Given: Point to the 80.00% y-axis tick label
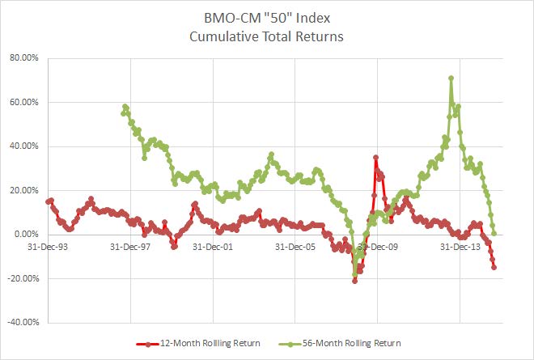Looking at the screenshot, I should pos(27,58).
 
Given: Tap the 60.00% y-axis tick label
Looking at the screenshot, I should pos(27,103).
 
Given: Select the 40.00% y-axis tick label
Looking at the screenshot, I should pos(27,146).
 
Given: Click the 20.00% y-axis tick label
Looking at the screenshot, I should pos(27,191).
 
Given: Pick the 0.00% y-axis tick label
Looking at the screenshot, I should pos(29,235).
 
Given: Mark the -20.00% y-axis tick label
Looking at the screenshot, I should pos(25,278).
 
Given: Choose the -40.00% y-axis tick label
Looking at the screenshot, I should pos(25,323).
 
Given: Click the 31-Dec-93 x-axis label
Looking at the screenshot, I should pos(48,247).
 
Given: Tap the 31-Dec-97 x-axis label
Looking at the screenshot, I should pos(130,247).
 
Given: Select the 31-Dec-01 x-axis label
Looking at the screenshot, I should pos(213,247).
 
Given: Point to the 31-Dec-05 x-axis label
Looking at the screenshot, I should pos(295,247).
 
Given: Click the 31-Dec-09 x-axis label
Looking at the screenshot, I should pos(378,247).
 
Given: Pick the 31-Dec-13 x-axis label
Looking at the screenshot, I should pos(460,247).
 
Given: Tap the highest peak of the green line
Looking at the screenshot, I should pos(451,78).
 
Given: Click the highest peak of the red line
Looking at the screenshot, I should pos(375,158).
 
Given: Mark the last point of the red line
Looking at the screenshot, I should pos(494,267).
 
